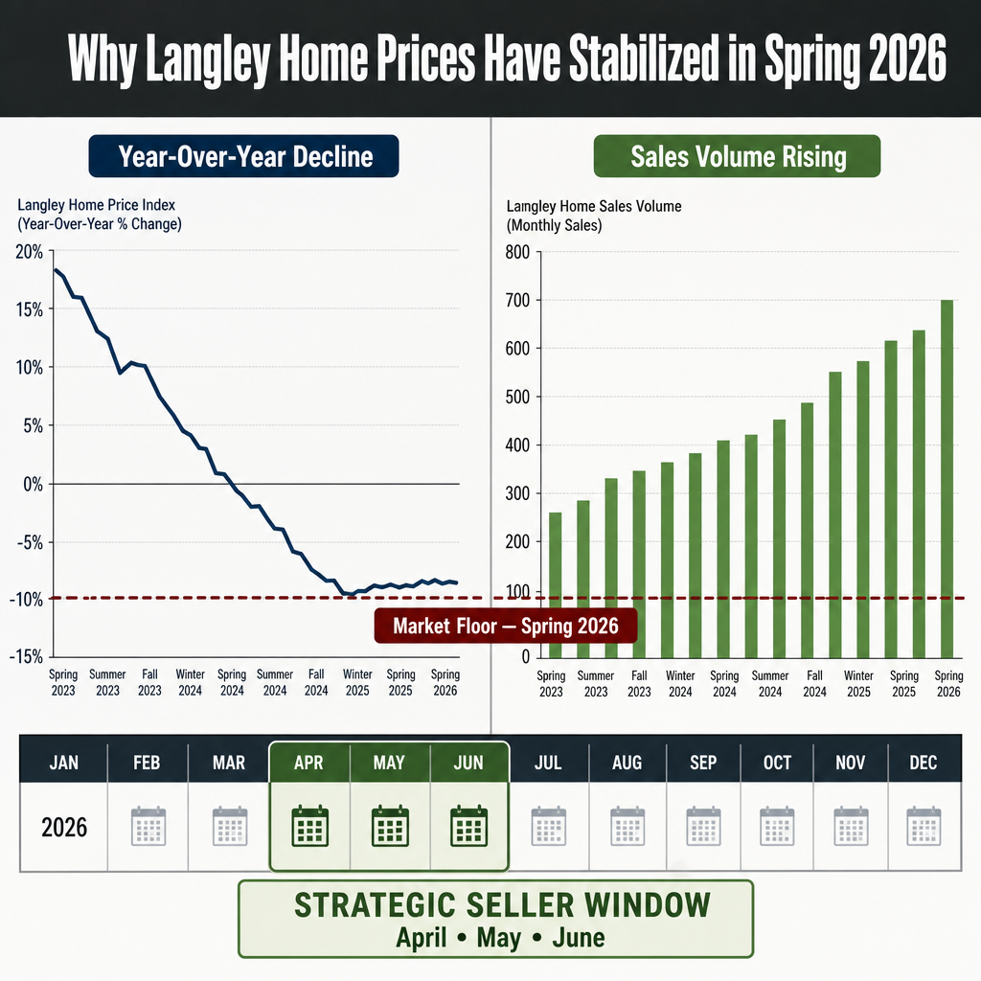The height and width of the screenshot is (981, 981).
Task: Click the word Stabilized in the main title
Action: tap(645, 58)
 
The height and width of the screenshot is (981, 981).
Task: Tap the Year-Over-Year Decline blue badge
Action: tap(244, 156)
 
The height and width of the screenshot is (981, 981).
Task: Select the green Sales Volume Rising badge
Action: tap(737, 156)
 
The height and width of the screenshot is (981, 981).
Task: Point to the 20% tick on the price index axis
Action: tap(29, 252)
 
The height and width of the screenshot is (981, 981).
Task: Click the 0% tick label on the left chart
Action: tap(34, 484)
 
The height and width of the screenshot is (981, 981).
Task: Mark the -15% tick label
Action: tap(26, 656)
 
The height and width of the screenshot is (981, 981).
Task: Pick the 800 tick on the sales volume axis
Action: tap(517, 252)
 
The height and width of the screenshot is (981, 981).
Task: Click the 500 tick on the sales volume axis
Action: tap(517, 398)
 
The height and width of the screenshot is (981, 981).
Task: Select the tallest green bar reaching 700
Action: tap(947, 479)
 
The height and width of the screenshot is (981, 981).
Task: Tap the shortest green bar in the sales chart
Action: tap(555, 585)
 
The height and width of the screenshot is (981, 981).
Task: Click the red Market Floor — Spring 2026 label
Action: tap(506, 626)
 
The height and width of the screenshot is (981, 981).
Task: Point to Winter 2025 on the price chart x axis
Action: tap(357, 682)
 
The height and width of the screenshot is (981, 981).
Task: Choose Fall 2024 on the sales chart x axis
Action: tap(814, 684)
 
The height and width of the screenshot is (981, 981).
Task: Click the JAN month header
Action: tap(64, 763)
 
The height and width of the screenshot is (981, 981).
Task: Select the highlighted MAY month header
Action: tap(389, 763)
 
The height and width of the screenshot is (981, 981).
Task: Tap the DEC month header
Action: tap(924, 763)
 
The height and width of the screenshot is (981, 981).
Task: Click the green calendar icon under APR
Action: tap(310, 826)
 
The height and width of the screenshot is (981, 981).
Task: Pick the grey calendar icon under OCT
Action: tap(777, 827)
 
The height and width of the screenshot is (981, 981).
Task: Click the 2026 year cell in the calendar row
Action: tap(64, 827)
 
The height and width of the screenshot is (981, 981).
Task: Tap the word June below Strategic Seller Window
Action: tap(578, 938)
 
